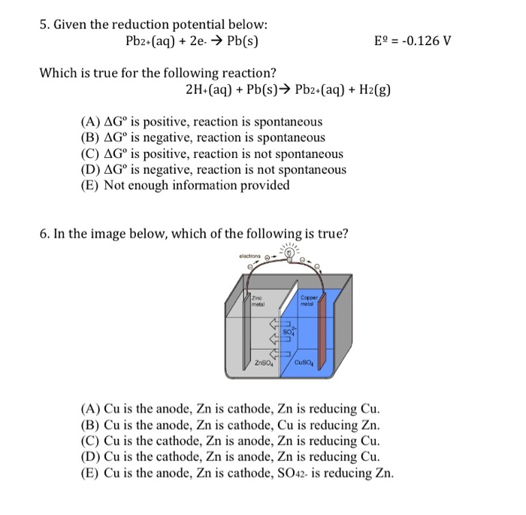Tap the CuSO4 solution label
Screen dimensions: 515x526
click(305, 366)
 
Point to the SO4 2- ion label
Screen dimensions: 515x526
click(290, 331)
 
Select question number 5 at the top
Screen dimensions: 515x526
click(44, 24)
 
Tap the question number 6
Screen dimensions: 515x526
click(44, 233)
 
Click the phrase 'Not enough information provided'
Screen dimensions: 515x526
click(197, 185)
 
